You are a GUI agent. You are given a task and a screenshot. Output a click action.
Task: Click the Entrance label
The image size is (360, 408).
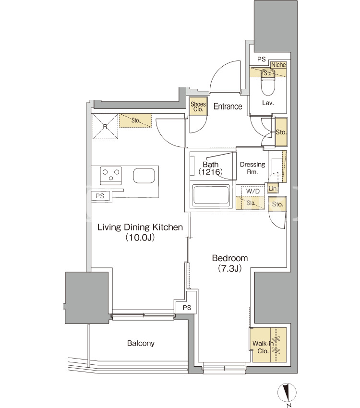[x=228, y=106]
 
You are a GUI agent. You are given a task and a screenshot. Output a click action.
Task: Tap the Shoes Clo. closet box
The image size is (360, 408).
[x=198, y=106]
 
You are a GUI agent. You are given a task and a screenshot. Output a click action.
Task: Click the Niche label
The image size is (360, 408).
[x=278, y=64]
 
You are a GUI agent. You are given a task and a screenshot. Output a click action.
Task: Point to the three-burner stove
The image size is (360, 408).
[x=111, y=175]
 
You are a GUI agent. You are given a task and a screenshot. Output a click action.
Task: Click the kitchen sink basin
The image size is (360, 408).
[x=144, y=175]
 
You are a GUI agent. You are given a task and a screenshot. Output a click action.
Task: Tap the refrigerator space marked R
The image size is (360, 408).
[x=105, y=126]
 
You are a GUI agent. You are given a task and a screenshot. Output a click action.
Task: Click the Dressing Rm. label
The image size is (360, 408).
[x=252, y=168]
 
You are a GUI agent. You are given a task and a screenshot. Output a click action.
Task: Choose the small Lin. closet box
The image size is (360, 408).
[x=273, y=188]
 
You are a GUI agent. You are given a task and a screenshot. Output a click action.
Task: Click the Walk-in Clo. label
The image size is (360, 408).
[x=263, y=347]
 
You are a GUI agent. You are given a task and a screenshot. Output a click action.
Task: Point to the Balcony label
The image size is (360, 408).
[x=141, y=343]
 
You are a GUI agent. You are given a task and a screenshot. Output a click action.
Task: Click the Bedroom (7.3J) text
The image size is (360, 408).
[x=230, y=263]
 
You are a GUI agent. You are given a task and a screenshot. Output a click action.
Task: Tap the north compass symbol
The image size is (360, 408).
[x=287, y=393]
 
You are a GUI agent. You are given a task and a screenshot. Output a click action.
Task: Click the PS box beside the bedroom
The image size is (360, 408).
[x=187, y=308]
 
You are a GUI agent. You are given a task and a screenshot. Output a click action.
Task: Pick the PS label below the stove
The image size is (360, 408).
[x=100, y=196]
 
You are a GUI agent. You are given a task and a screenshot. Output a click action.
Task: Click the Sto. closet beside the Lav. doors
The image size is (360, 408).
[x=281, y=132]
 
